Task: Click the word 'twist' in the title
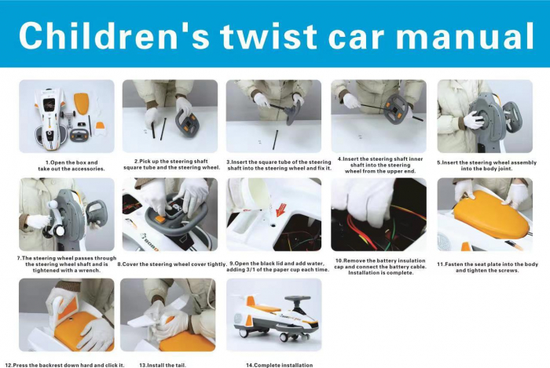(269, 36)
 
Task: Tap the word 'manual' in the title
(464, 36)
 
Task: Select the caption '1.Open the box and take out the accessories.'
(71, 166)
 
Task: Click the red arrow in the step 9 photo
(281, 210)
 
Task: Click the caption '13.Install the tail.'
(163, 365)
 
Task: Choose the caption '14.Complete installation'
(279, 365)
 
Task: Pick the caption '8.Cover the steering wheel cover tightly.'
(172, 264)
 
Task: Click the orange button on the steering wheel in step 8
(160, 220)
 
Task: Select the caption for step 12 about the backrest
(64, 365)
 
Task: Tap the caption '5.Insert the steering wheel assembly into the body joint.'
(486, 166)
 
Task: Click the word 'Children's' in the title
(115, 36)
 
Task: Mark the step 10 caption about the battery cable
(380, 267)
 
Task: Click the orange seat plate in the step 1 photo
(82, 104)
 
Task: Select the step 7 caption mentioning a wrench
(67, 264)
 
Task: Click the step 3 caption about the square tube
(279, 166)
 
